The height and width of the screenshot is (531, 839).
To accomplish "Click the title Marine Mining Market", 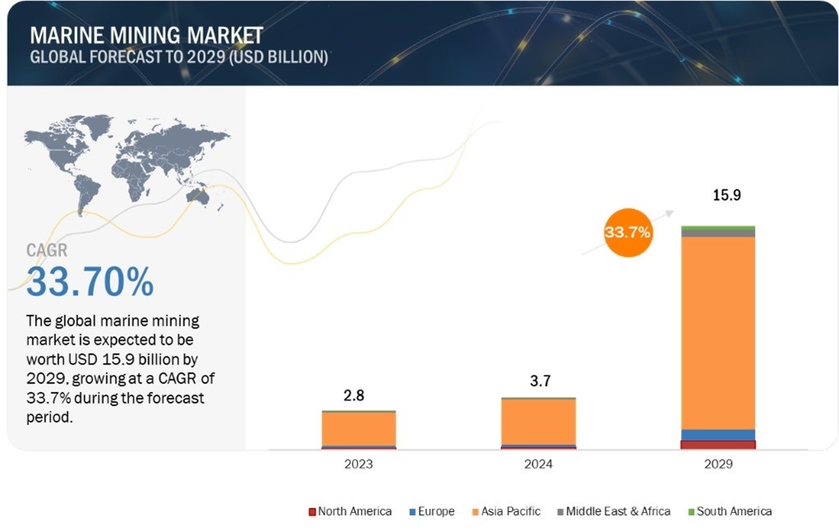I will (x=146, y=35).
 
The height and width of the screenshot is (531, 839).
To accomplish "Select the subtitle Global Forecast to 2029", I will (x=178, y=58).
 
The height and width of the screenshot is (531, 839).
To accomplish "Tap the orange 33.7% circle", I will (x=628, y=233).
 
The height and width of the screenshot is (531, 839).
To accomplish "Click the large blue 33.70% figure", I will (x=90, y=282).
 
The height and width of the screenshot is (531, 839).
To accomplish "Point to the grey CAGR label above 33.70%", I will (x=47, y=250).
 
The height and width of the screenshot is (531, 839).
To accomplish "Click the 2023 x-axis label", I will (x=358, y=464).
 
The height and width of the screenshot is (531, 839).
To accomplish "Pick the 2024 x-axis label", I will (x=538, y=464).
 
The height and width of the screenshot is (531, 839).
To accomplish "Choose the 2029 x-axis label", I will (x=718, y=464).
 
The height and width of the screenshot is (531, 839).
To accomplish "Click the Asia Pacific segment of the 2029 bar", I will (x=718, y=333).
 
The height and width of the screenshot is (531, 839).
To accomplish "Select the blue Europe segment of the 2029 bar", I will (x=718, y=435).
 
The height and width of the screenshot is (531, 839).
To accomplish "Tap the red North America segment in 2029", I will (x=718, y=445).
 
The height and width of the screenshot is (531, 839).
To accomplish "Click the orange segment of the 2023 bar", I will (x=358, y=428).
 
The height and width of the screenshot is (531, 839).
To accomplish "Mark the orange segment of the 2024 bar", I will (x=538, y=422).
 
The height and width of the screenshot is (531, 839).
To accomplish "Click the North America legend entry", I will (x=350, y=511).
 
